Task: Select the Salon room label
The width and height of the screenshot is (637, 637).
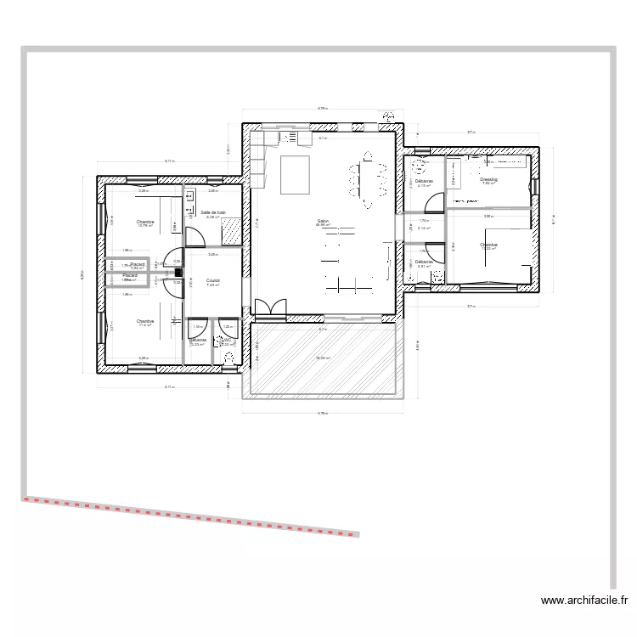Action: click(323, 221)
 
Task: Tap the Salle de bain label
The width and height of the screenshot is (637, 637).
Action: click(213, 212)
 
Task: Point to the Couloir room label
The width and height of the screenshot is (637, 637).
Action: click(213, 279)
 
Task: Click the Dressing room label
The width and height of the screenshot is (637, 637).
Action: click(488, 180)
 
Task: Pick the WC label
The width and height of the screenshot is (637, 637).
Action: click(227, 340)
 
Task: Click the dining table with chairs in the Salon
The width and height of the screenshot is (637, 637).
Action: click(367, 180)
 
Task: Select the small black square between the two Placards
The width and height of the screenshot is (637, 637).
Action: click(179, 272)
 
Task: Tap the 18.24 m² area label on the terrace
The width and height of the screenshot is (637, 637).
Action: click(323, 358)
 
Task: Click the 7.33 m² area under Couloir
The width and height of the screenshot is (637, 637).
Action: click(213, 285)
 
